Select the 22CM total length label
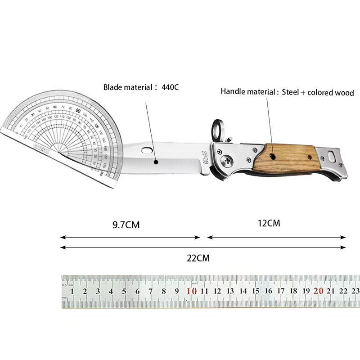click(x=198, y=258)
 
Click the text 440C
click(x=170, y=87)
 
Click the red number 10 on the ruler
click(x=191, y=291)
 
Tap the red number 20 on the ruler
click(x=319, y=291)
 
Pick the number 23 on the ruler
click(x=355, y=291)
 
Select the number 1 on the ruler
click(x=72, y=292)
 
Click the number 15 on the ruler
click(x=256, y=291)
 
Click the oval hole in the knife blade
click(x=147, y=149)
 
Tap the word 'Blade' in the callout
click(x=112, y=87)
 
